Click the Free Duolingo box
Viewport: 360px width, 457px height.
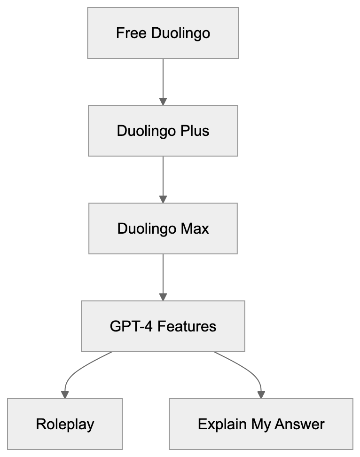163,33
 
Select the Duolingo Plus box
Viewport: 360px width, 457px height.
163,131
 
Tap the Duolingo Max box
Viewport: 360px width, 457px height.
163,228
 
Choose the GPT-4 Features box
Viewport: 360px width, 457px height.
163,326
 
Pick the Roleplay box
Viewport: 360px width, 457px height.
65,424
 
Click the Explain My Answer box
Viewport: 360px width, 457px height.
261,424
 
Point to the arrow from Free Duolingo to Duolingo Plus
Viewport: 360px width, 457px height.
163,80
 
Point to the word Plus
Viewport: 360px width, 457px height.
195,131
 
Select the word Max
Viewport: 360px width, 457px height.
194,229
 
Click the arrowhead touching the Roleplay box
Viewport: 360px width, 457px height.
65,394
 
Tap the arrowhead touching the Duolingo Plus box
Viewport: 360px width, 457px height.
163,101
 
